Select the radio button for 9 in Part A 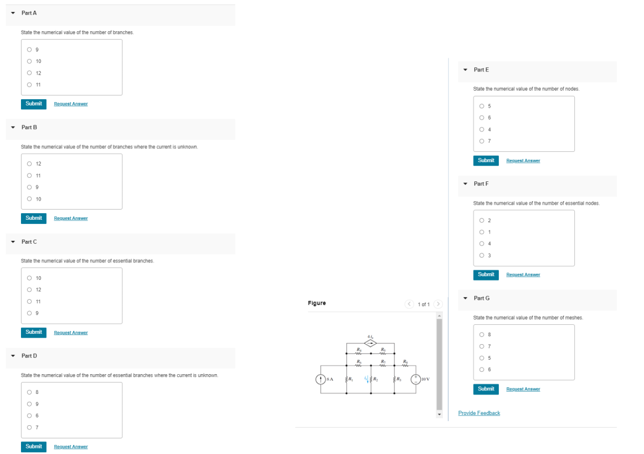point(29,50)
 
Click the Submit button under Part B point(34,218)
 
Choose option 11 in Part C point(29,301)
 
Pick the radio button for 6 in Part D point(29,416)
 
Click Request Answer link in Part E point(523,161)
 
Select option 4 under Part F point(481,244)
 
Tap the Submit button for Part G point(486,389)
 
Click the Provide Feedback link point(478,413)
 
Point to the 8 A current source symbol point(320,380)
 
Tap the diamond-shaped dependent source point(371,344)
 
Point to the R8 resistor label point(406,361)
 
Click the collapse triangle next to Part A point(13,13)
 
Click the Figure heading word point(317,303)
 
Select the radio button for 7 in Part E point(481,141)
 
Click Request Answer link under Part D point(71,447)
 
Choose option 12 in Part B point(29,164)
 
